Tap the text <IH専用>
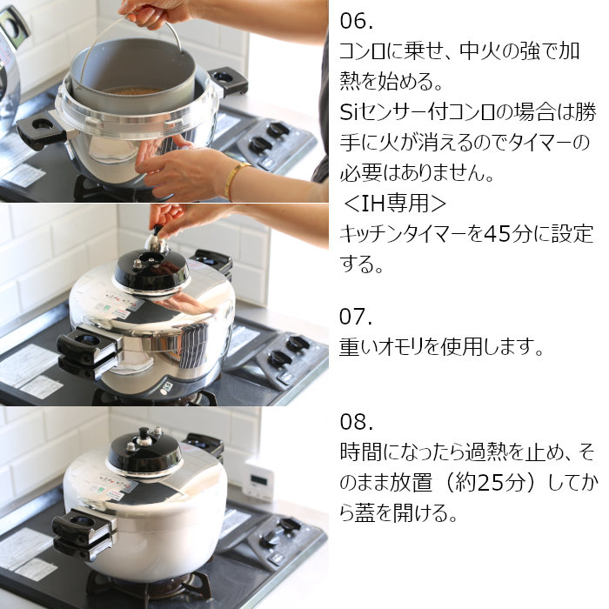click(x=394, y=204)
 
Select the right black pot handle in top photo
click(x=228, y=79)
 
